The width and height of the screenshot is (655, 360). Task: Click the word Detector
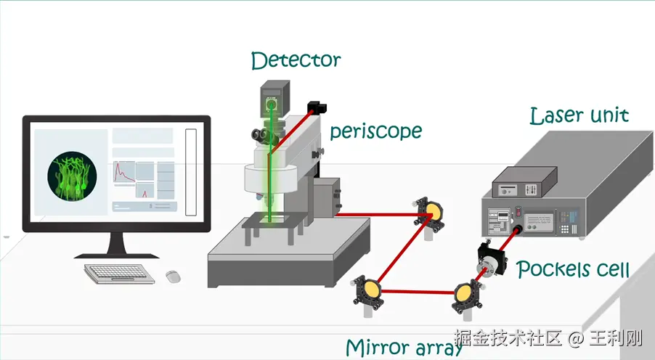(296, 60)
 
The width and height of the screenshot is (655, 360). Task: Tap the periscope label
(375, 131)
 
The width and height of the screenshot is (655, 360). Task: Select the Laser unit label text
(579, 115)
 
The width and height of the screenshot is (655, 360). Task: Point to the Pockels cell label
(573, 270)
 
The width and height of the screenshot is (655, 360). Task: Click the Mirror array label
(404, 348)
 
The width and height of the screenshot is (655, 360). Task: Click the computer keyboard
(120, 273)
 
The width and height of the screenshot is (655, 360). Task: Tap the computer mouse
(173, 276)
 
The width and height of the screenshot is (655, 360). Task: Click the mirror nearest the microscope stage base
(370, 290)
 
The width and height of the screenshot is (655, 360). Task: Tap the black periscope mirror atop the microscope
(316, 107)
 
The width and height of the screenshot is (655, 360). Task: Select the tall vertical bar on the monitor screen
(191, 172)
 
